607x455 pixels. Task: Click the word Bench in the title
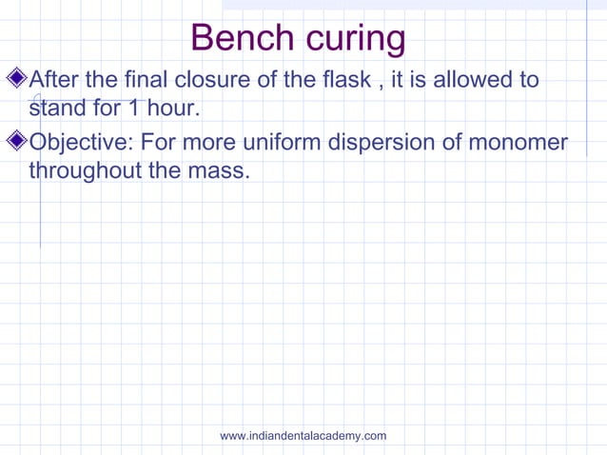click(x=240, y=38)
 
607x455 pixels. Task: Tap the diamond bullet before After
click(x=20, y=77)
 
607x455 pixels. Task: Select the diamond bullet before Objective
click(x=20, y=142)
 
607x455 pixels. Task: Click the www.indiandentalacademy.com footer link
click(x=303, y=436)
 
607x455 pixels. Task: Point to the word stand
click(x=57, y=109)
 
